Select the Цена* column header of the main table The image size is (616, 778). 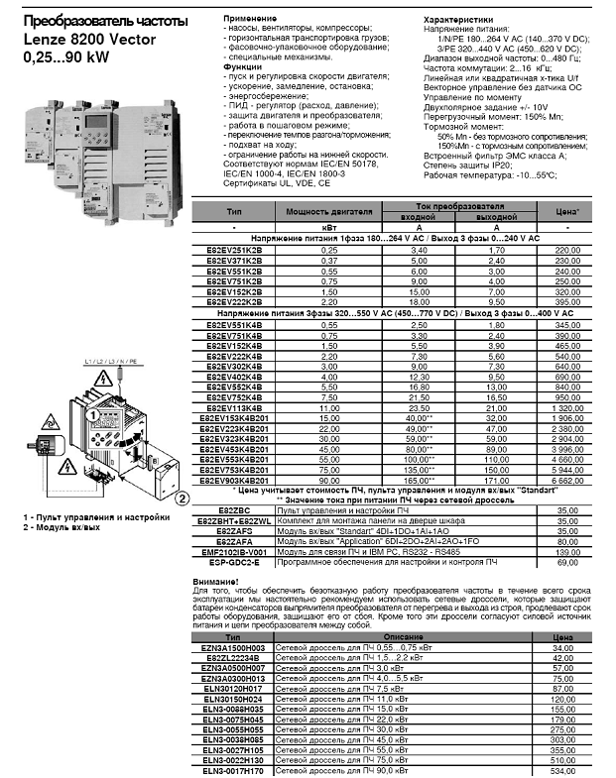pyautogui.click(x=566, y=211)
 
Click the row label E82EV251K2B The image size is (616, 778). pyautogui.click(x=235, y=251)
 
